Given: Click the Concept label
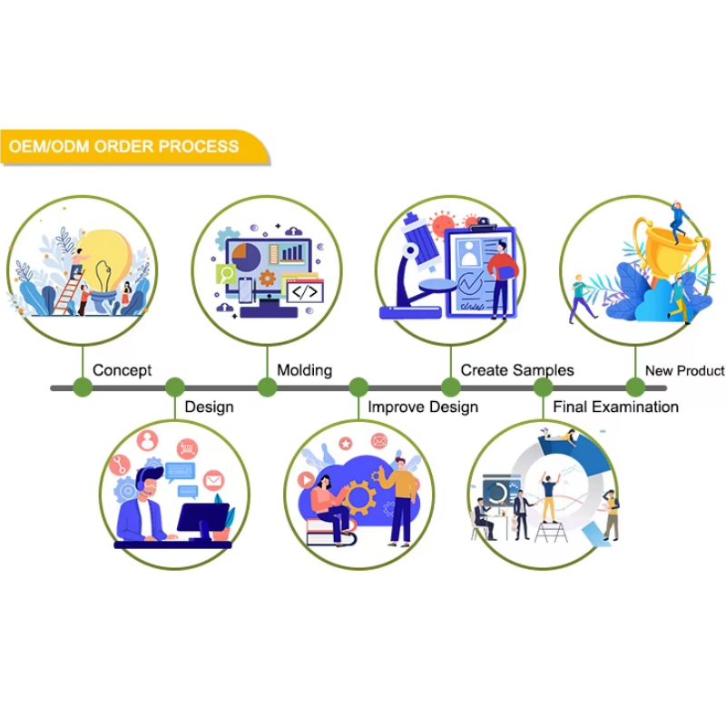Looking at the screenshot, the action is click(122, 370).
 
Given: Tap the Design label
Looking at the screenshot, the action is click(209, 407).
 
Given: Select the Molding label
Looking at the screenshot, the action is click(304, 370).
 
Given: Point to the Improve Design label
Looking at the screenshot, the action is click(423, 407).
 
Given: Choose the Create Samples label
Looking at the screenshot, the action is click(517, 370).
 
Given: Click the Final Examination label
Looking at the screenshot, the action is click(615, 407).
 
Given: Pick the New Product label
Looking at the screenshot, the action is click(684, 370).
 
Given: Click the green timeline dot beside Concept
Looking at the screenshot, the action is click(83, 388).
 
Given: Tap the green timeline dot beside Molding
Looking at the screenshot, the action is click(267, 388).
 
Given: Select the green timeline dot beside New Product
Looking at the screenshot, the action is click(634, 388).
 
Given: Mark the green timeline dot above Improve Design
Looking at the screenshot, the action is click(358, 388).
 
